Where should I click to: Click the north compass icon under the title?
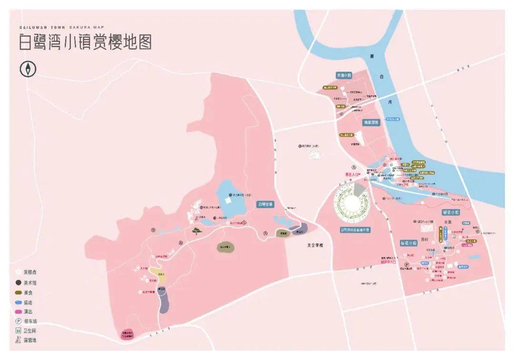tap(28, 70)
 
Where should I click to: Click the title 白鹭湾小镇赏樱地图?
tap(85, 42)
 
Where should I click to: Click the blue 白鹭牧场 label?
tap(266, 204)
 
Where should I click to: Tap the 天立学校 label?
tap(315, 246)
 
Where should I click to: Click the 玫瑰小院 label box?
tap(344, 75)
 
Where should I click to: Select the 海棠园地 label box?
tap(371, 123)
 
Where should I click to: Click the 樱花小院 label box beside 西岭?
tap(408, 243)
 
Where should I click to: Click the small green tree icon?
tap(196, 231)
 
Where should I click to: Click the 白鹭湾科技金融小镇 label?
tap(355, 230)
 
